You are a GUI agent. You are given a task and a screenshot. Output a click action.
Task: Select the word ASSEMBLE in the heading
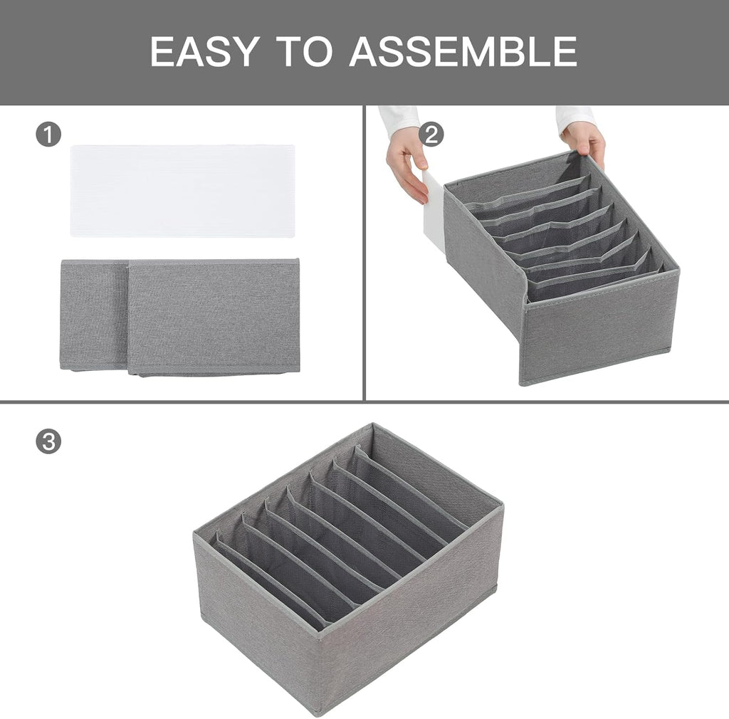click(x=463, y=51)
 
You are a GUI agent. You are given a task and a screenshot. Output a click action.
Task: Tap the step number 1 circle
click(x=48, y=135)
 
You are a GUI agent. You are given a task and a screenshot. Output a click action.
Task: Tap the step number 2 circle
click(x=431, y=135)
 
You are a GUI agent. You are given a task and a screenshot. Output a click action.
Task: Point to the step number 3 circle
click(x=48, y=441)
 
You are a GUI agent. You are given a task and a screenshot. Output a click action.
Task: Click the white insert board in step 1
click(x=182, y=190)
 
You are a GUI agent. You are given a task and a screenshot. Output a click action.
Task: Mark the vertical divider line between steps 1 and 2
click(x=364, y=253)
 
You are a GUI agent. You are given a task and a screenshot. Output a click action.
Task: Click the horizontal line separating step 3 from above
click(x=364, y=402)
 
